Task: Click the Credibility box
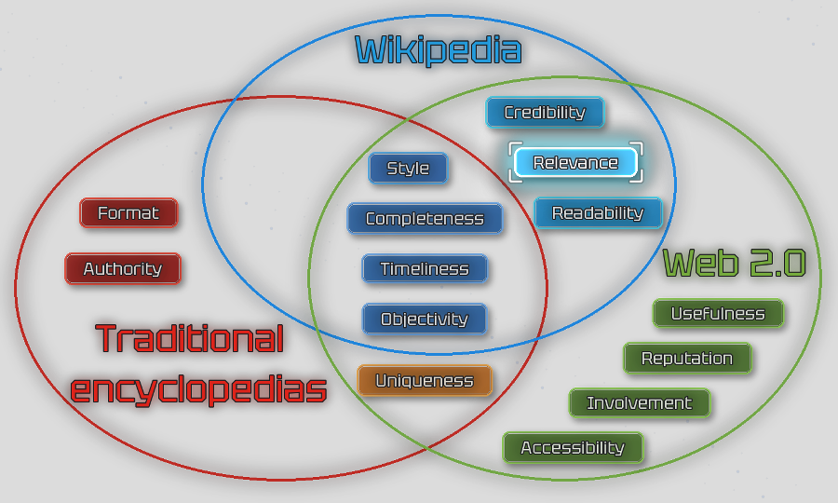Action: pos(545,113)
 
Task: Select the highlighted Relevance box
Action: pos(575,163)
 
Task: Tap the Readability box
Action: pos(598,213)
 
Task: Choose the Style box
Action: pos(408,169)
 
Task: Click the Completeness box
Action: pos(425,219)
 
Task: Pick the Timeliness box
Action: pos(425,269)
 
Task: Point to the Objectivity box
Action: pos(425,319)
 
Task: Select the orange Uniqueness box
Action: pos(425,381)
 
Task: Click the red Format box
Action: pos(128,213)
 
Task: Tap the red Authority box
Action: pos(123,269)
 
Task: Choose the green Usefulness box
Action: pos(718,314)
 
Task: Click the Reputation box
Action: pos(687,359)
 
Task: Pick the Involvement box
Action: pos(640,403)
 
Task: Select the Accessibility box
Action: pos(573,448)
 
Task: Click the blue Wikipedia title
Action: pos(438,49)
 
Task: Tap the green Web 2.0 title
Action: pos(734,264)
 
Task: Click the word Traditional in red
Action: pos(189,338)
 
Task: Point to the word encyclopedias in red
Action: pos(198,388)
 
